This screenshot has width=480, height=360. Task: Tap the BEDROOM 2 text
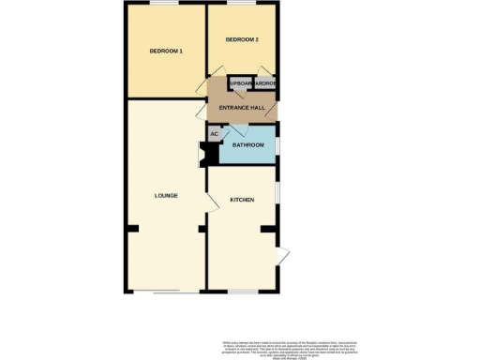pos(241,40)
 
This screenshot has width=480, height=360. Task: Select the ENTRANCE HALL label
pos(241,109)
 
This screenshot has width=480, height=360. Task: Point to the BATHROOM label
pos(248,145)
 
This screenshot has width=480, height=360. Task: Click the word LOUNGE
pos(166,195)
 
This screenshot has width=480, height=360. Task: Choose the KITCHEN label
pos(242,201)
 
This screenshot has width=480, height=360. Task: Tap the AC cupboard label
pos(214,135)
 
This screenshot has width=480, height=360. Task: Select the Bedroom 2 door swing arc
pos(217,71)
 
